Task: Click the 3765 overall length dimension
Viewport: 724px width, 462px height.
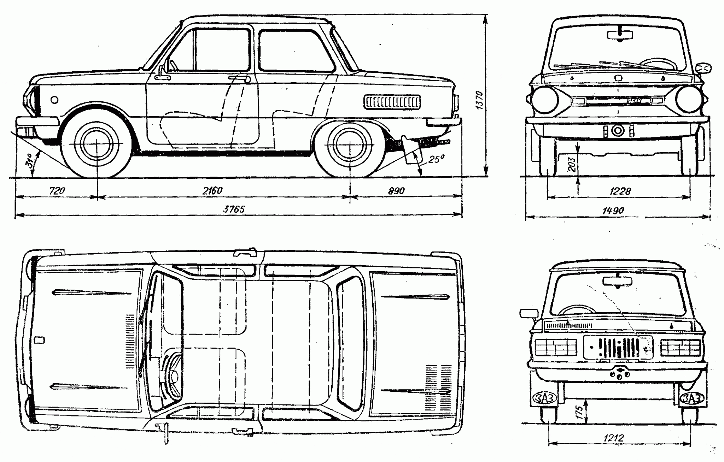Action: click(x=234, y=209)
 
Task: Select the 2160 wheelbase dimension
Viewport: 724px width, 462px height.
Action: click(x=212, y=191)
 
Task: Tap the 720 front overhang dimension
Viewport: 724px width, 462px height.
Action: click(x=57, y=191)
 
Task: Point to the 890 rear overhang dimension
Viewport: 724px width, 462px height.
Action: click(x=396, y=191)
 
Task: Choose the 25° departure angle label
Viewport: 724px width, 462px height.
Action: click(x=436, y=159)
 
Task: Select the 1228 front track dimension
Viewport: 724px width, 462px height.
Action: click(x=620, y=191)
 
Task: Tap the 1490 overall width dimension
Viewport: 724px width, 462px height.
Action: click(x=613, y=211)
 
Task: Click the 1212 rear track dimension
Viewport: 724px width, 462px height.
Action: click(x=613, y=438)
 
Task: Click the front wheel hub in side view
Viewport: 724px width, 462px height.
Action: click(x=97, y=145)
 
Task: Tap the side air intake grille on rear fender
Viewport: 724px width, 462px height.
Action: click(x=392, y=102)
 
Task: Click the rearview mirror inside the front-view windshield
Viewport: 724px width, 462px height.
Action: click(x=620, y=35)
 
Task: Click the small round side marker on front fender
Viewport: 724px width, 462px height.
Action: click(x=54, y=100)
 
